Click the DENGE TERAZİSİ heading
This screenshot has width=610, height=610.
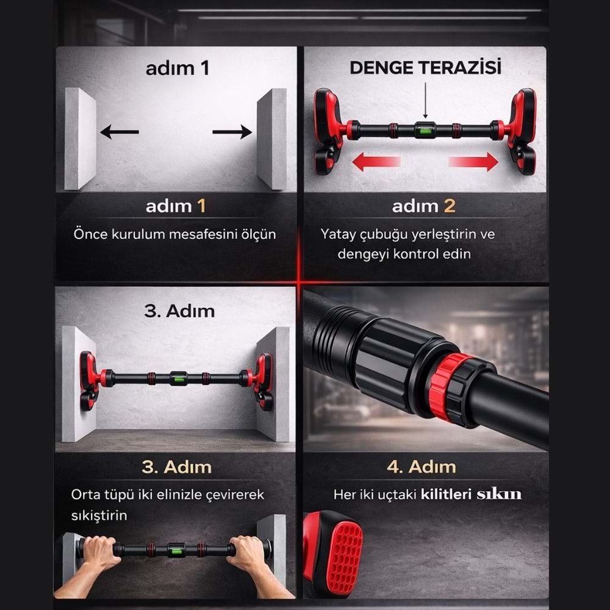click(x=425, y=67)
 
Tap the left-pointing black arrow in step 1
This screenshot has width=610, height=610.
click(x=119, y=131)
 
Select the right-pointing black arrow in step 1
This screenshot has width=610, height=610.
click(x=232, y=131)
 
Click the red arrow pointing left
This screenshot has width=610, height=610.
click(x=376, y=162)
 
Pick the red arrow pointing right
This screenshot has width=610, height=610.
click(x=474, y=162)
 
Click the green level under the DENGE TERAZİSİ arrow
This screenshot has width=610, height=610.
click(x=425, y=130)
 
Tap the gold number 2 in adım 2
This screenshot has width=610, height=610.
click(x=449, y=206)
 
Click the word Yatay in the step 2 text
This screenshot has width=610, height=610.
click(x=338, y=234)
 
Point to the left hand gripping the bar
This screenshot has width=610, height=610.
click(x=100, y=552)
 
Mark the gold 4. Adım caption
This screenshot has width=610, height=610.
click(x=421, y=467)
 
